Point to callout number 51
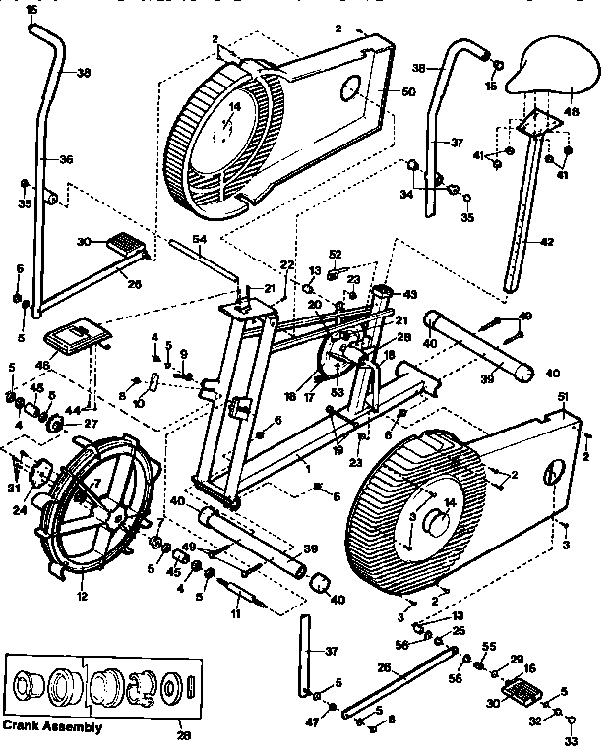pos(564,396)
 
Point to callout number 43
pos(411,294)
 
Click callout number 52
pos(336,254)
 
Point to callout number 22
pos(286,264)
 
